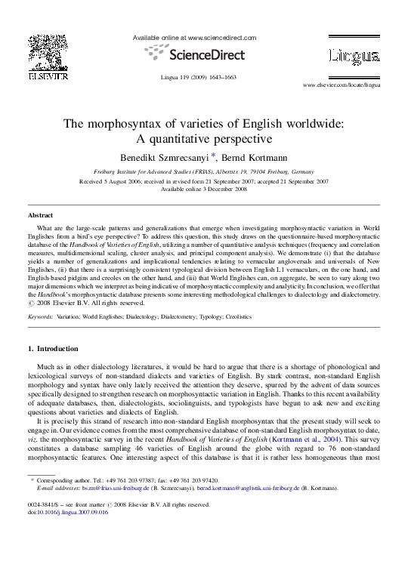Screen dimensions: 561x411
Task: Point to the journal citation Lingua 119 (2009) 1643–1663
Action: [x=199, y=78]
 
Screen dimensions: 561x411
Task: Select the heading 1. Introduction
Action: [x=52, y=349]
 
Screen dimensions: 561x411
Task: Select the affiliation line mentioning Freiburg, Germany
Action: [x=204, y=172]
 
